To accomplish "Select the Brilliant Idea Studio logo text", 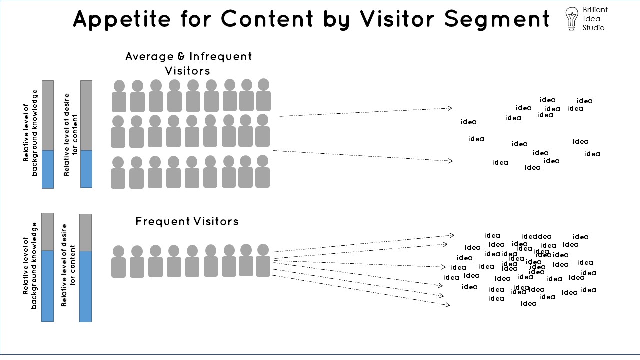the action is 595,19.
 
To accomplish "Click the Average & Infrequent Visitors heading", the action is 188,63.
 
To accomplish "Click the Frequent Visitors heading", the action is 187,221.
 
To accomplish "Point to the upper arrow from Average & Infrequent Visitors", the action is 365,112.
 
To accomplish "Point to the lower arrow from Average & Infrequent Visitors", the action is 362,156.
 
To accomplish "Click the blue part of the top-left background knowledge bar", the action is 47,169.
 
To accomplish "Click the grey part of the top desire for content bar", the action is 86,115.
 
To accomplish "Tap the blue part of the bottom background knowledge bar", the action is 47,286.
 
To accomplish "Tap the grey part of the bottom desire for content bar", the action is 86,232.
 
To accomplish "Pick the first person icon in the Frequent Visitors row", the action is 119,261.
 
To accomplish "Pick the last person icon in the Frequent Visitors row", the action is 263,260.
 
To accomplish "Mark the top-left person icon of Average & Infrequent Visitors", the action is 119,96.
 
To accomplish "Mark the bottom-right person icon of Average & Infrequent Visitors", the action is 262,171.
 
